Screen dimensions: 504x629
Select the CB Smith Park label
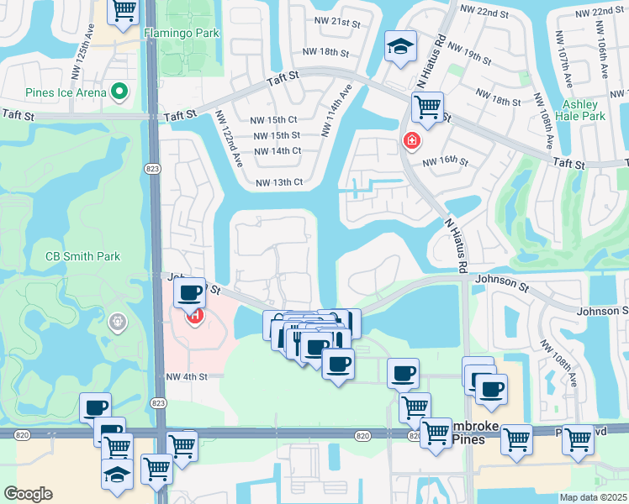[x=82, y=256]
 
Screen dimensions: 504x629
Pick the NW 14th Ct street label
[x=277, y=151]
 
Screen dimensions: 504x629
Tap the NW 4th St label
[x=186, y=377]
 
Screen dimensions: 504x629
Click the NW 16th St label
[x=445, y=161]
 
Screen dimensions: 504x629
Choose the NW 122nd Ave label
[x=228, y=138]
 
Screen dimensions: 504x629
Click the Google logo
[x=29, y=494]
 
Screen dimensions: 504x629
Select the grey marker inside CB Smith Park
[x=116, y=320]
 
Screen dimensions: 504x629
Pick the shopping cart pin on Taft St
[x=428, y=107]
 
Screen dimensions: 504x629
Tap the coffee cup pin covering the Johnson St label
[x=191, y=293]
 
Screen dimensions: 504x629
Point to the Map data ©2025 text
[x=593, y=497]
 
